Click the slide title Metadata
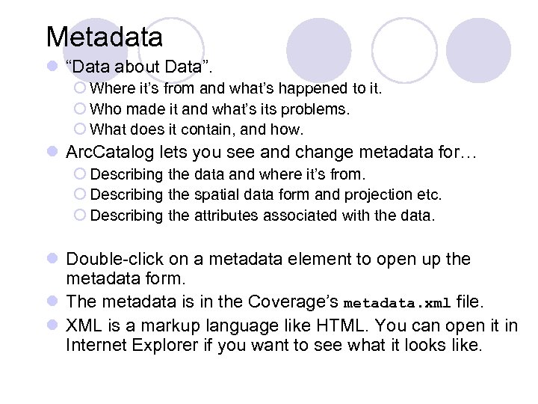click(104, 36)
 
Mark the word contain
click(200, 129)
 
